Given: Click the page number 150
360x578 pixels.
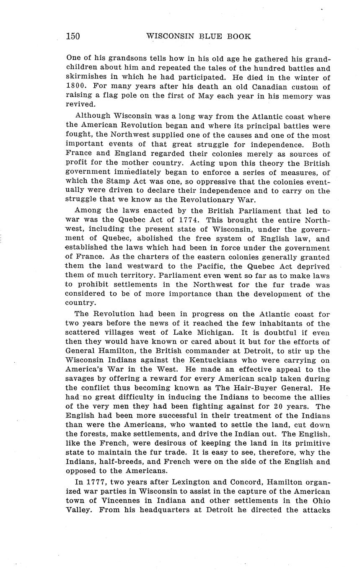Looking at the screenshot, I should point(73,36).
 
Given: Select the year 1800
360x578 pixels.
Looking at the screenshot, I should point(76,87).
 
